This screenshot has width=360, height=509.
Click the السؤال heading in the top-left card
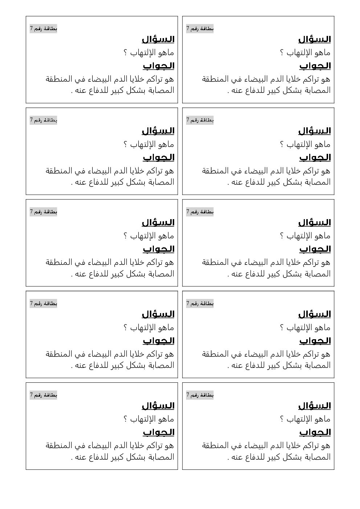pyautogui.click(x=158, y=39)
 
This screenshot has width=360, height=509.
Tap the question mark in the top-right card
pyautogui.click(x=282, y=53)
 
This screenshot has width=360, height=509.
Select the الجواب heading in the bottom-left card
pyautogui.click(x=159, y=432)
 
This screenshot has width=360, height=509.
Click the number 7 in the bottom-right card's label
pyautogui.click(x=188, y=395)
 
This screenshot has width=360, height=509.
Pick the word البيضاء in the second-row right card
pyautogui.click(x=253, y=171)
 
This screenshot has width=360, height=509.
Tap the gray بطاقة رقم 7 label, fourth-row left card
pyautogui.click(x=44, y=303)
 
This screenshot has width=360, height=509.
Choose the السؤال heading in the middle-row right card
pyautogui.click(x=314, y=222)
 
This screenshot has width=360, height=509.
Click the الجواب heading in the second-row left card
pyautogui.click(x=159, y=157)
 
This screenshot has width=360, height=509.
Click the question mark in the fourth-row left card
pyautogui.click(x=126, y=328)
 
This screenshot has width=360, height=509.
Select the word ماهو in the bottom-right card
pyautogui.click(x=322, y=419)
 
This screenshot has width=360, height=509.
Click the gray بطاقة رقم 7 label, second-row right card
pyautogui.click(x=200, y=120)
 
